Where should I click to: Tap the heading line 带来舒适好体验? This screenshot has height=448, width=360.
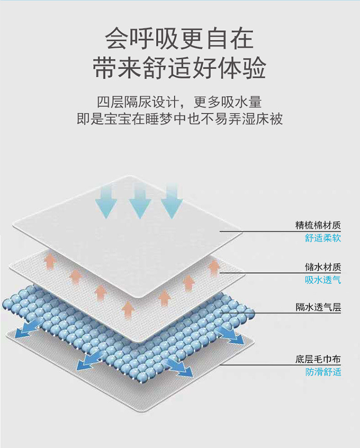179,69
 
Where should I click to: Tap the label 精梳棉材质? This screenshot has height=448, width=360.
318,225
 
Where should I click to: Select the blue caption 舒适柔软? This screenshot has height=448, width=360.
323,238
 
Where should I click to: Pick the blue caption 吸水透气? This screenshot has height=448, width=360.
323,280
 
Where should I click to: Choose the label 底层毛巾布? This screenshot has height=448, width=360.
318,358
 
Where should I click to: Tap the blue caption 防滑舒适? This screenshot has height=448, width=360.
323,371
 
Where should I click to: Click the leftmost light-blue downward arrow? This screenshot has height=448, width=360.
106,202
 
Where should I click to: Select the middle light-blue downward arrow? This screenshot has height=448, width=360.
140,202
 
